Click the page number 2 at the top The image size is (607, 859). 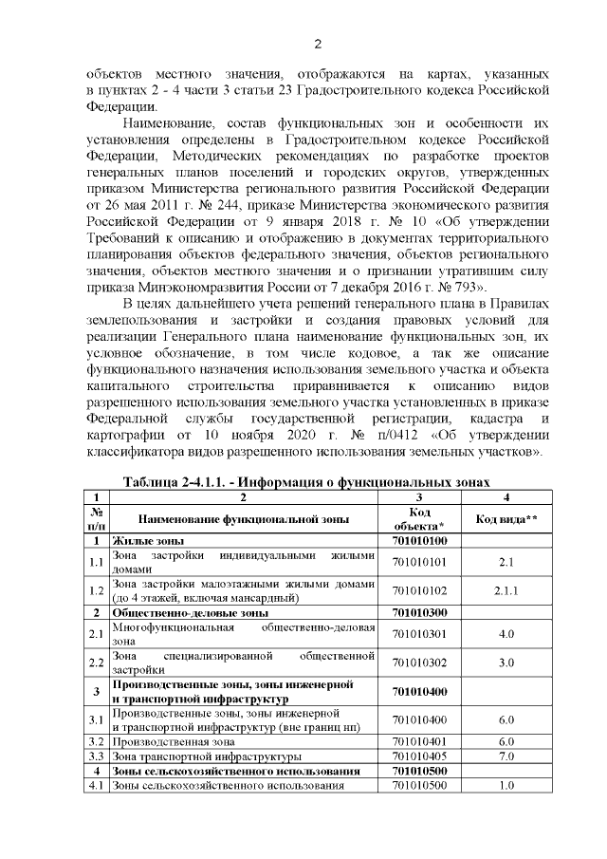tap(318, 44)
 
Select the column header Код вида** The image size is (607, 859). tap(506, 518)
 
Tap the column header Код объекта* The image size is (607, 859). tap(419, 518)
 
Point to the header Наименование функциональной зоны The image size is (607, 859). tap(244, 519)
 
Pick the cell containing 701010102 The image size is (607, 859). tap(419, 590)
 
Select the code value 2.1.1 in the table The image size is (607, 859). tap(506, 590)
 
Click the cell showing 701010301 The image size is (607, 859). tap(419, 633)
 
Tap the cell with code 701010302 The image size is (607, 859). tap(419, 662)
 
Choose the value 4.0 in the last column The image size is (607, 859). tap(506, 633)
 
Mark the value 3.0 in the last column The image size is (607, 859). tap(506, 662)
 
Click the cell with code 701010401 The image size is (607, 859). tap(419, 740)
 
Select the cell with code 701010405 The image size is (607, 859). tap(419, 756)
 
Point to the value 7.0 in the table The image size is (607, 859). tap(506, 756)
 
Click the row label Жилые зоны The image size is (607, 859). tap(142, 541)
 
